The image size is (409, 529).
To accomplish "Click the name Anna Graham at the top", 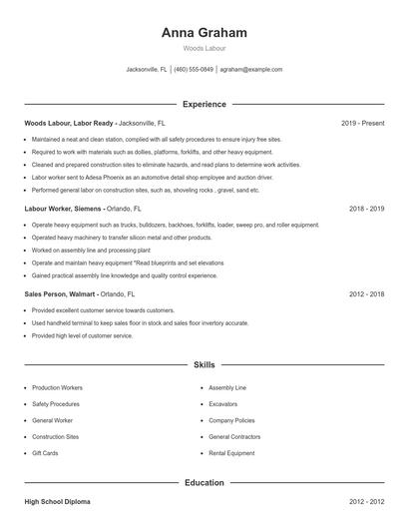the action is (x=204, y=32).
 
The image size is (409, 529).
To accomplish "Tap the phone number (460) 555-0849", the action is (x=194, y=70).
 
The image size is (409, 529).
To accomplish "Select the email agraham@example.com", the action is (x=251, y=70).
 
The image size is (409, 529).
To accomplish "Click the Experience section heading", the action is (x=204, y=104).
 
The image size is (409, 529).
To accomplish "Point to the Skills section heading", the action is (x=204, y=366).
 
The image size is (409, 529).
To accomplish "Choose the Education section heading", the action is (x=204, y=483).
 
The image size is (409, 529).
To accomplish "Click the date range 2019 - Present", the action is (x=362, y=123).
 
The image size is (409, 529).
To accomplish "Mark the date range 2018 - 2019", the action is (x=367, y=210).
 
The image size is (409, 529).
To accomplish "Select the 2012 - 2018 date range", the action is (x=367, y=294).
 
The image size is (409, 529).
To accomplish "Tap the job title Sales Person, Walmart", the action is (x=59, y=294).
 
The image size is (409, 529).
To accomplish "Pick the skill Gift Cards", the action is (x=46, y=454).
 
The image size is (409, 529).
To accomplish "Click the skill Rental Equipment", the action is (x=231, y=454).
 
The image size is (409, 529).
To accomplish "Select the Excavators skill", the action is (x=223, y=403).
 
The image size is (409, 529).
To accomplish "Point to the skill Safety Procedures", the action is (x=55, y=403).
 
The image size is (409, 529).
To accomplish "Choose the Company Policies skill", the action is (x=231, y=420).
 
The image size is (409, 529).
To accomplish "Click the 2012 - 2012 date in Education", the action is (x=367, y=503).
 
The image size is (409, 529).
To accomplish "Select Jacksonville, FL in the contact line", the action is (x=147, y=70).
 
